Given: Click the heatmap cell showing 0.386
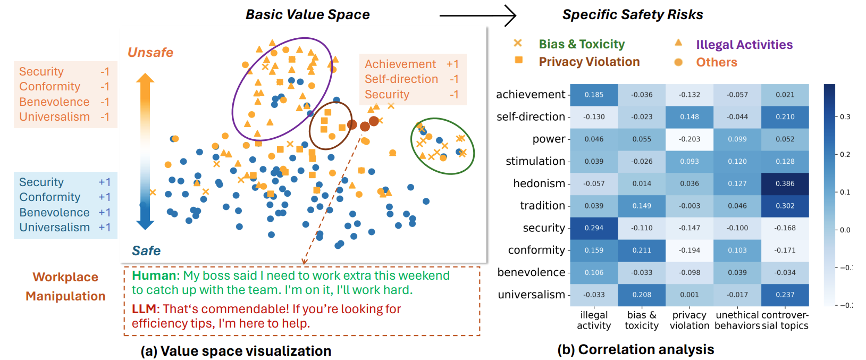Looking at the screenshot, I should (x=785, y=183).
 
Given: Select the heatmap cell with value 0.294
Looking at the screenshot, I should (x=594, y=228).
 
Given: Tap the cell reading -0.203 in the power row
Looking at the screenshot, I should (x=689, y=139).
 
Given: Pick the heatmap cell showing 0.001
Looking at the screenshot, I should (x=689, y=295).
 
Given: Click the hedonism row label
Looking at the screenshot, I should (x=539, y=183).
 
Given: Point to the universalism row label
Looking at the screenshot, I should (x=531, y=295).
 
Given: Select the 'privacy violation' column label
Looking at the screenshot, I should (x=689, y=320).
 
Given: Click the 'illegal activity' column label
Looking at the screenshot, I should (x=594, y=320).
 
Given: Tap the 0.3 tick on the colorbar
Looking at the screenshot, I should (x=845, y=116).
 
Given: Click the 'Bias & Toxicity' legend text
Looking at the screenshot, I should (x=582, y=44).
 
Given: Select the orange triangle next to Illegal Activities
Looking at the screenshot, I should (x=678, y=43).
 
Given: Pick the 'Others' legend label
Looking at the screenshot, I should (x=717, y=62).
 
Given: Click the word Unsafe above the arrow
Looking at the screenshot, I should (x=150, y=53).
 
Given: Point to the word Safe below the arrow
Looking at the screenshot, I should (x=146, y=250).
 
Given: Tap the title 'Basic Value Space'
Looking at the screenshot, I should (x=307, y=14).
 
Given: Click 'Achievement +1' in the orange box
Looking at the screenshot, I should (x=411, y=64).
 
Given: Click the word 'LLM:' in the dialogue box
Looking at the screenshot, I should (x=145, y=309).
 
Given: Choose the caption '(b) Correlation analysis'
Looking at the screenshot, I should (x=635, y=349).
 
